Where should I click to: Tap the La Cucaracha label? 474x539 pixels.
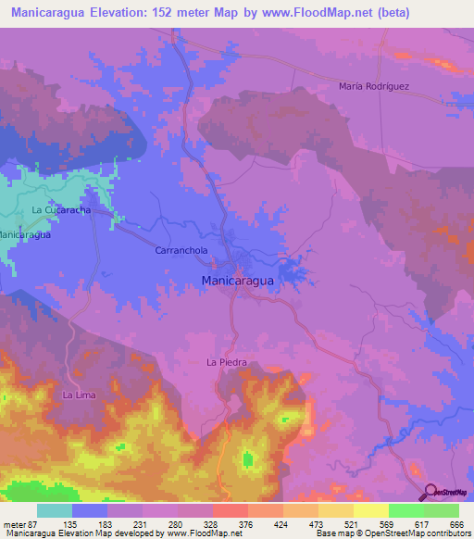coord(60,211)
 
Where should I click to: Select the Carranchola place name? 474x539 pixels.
coord(180,251)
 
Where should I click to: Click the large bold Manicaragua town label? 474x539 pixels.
coord(236,279)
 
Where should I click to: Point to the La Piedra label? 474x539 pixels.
coord(226,362)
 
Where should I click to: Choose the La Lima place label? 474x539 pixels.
coord(79,395)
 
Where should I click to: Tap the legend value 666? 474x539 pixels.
coord(454,523)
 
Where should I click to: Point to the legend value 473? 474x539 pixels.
coord(303,523)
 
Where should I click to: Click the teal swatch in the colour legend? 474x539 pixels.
coord(55,510)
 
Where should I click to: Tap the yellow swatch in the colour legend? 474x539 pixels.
coord(369,510)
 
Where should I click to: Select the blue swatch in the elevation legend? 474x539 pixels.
coord(90,510)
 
